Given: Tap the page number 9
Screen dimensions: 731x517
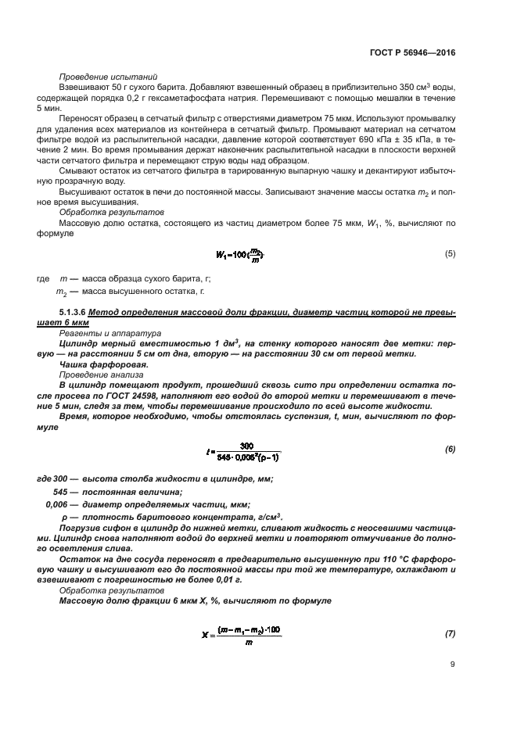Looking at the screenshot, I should coord(452,665).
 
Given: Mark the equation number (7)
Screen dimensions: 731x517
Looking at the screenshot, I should coord(450,633).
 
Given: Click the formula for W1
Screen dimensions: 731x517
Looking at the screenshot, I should coord(239,255).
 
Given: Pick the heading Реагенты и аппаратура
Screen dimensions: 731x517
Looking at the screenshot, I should coord(99,332).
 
